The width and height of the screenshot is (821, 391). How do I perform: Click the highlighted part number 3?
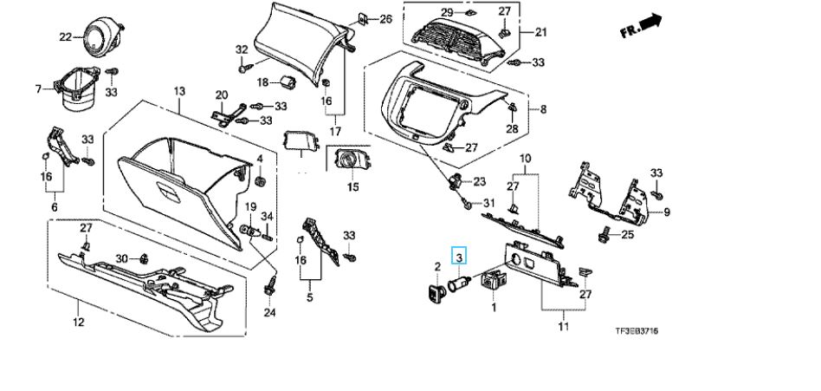pyautogui.click(x=461, y=256)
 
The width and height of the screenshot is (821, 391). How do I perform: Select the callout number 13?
pyautogui.click(x=179, y=91)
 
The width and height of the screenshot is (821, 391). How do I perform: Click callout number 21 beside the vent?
pyautogui.click(x=541, y=33)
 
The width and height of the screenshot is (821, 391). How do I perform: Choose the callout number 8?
pyautogui.click(x=544, y=109)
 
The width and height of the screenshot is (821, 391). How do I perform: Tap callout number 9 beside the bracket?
pyautogui.click(x=667, y=212)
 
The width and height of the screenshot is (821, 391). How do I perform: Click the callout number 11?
pyautogui.click(x=564, y=327)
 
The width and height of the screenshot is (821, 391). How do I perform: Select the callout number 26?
pyautogui.click(x=385, y=19)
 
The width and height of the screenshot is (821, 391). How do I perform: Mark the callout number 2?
pyautogui.click(x=436, y=252)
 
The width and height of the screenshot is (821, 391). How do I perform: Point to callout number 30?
pyautogui.click(x=122, y=258)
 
